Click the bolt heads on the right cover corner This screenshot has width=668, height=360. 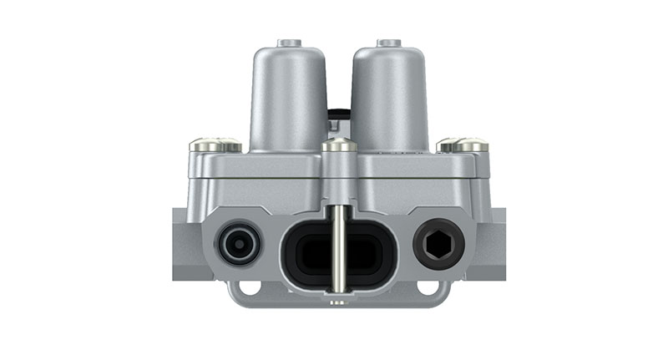tap(463, 145)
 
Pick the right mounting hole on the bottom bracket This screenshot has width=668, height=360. tap(431, 288)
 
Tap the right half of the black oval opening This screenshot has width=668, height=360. tap(367, 251)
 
